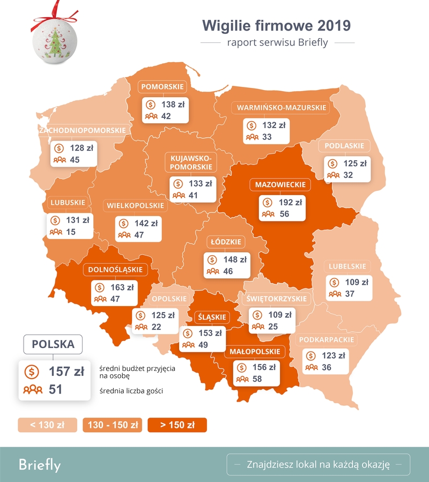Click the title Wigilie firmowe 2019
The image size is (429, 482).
[276, 25]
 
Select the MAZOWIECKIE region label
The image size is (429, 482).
[280, 185]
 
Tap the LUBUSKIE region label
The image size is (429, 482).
[68, 203]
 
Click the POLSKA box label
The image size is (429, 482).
[53, 345]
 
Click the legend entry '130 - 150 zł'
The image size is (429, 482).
[112, 425]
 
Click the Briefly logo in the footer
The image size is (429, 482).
[40, 464]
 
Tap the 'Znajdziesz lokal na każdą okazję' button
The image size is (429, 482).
[318, 464]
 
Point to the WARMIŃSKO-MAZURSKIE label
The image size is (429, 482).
[282, 108]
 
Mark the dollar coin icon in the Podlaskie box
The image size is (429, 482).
[332, 164]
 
